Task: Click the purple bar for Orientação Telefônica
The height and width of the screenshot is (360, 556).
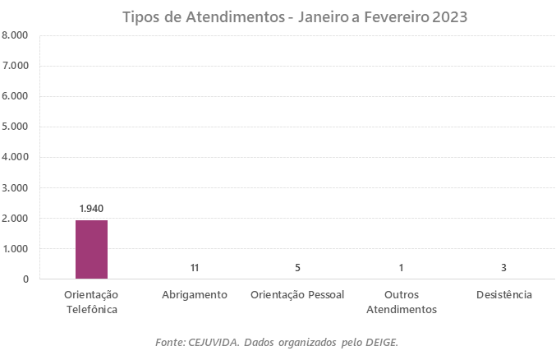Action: (91, 249)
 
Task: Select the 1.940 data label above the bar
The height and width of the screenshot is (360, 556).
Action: (91, 209)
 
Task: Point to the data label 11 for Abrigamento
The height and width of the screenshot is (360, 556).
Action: (195, 268)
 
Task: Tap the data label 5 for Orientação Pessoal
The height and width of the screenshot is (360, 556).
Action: (297, 268)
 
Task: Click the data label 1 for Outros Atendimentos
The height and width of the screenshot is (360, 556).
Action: (400, 268)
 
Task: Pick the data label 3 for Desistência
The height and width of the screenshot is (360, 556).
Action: (503, 268)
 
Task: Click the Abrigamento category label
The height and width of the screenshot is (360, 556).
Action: (195, 294)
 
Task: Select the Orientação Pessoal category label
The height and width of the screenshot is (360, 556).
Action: (297, 294)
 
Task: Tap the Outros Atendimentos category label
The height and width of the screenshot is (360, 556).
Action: (400, 302)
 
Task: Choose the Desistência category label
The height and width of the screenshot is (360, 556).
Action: (503, 294)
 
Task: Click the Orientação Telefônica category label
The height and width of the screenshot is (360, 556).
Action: (91, 302)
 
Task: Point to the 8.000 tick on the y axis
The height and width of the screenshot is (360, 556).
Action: (15, 35)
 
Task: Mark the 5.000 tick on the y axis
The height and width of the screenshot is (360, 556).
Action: (15, 127)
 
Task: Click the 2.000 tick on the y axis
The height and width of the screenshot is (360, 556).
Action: (15, 218)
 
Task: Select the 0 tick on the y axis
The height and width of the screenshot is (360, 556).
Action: (25, 279)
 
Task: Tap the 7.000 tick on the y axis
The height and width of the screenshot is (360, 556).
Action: (15, 66)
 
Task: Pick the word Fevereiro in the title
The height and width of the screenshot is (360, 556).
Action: (389, 16)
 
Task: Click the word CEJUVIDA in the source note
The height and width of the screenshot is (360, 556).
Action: (213, 341)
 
